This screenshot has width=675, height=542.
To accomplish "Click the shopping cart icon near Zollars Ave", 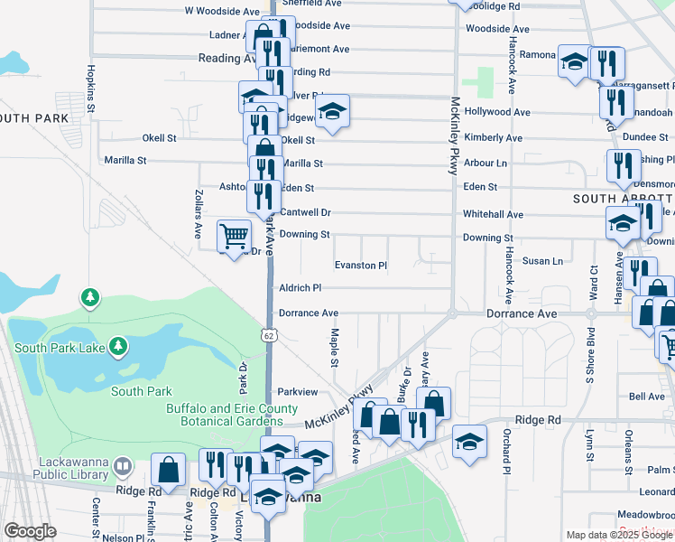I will click(x=234, y=237).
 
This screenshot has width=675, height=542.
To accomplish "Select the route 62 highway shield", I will click(x=270, y=336).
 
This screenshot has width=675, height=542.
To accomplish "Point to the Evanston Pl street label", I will click(x=360, y=266).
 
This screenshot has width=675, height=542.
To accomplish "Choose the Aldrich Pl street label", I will click(x=301, y=287).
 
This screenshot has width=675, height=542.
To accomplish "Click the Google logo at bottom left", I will click(x=30, y=531).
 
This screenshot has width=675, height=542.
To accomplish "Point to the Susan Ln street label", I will click(x=542, y=261).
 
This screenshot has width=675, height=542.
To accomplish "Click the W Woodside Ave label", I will click(x=221, y=11).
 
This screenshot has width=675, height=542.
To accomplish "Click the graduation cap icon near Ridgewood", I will click(x=332, y=112).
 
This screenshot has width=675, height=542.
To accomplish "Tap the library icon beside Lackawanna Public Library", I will click(x=123, y=468).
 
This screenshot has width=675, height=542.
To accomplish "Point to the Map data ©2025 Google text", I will click(x=617, y=535).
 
